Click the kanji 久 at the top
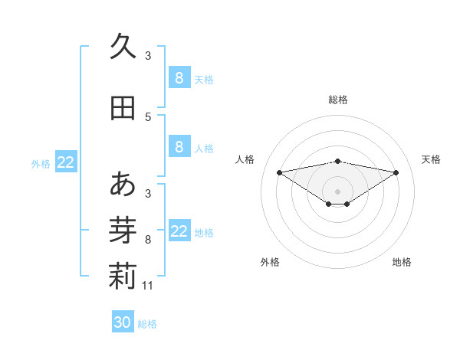pos(123,47)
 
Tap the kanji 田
pos(123,108)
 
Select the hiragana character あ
pos(123,185)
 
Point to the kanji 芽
pos(123,231)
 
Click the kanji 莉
pos(123,277)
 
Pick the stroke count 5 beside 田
pos(148,116)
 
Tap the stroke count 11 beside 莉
pos(148,286)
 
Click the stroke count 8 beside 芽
pos(148,240)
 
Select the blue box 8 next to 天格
pos(179,77)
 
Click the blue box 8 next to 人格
pos(179,147)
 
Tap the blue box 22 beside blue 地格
pos(179,231)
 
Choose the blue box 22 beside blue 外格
pos(66,162)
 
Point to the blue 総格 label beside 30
pos(148,324)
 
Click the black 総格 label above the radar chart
pos(338,100)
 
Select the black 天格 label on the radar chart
pos(432,159)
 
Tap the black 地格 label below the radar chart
pos(402,262)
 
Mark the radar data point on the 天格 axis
pos(396,172)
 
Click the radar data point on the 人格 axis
pos(279,172)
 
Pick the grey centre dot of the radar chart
pos(337,191)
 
